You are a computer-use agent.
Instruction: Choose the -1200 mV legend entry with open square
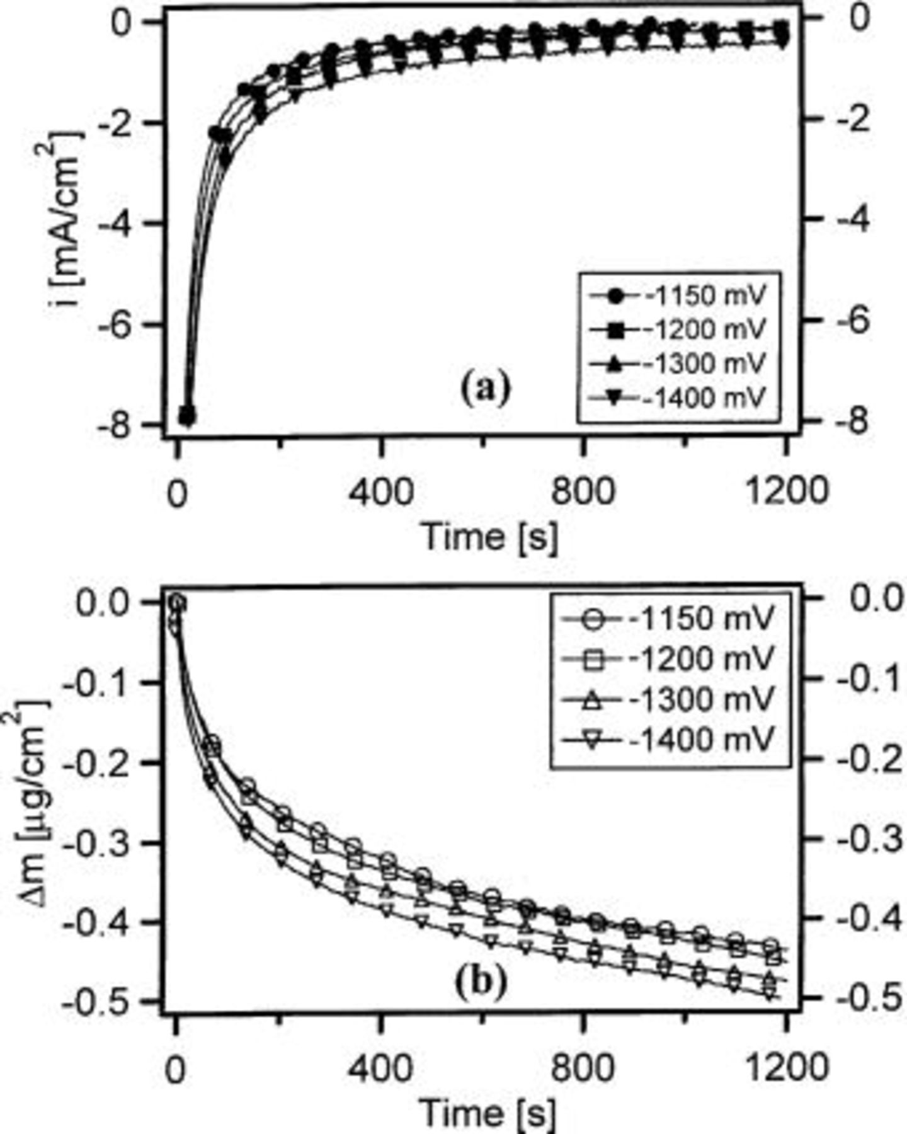tap(668, 659)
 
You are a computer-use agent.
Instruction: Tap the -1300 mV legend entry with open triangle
tap(668, 699)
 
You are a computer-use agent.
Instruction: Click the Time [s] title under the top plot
tap(489, 537)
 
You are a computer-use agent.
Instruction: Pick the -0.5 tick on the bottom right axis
tap(869, 997)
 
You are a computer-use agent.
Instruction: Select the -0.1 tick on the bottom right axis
tap(869, 679)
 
